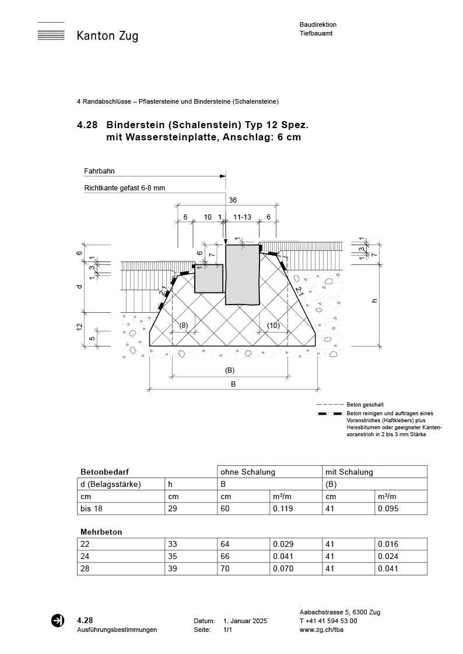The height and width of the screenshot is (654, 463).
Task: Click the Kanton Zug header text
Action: pyautogui.click(x=107, y=36)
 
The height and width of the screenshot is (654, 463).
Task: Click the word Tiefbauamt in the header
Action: pyautogui.click(x=315, y=34)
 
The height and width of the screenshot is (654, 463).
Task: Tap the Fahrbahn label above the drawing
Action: pyautogui.click(x=99, y=171)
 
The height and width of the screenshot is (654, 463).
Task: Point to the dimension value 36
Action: pyautogui.click(x=233, y=200)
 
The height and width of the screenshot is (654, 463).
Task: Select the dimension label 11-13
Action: pyautogui.click(x=242, y=217)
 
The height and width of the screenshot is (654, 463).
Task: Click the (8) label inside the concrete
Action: pyautogui.click(x=183, y=325)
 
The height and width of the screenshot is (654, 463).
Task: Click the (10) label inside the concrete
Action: pyautogui.click(x=273, y=325)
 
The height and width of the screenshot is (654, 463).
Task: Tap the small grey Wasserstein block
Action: pyautogui.click(x=209, y=278)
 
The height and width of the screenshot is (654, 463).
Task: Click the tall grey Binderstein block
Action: pyautogui.click(x=242, y=274)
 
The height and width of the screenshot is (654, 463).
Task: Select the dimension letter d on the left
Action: pyautogui.click(x=79, y=287)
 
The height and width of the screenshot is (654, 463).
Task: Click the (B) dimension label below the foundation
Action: pyautogui.click(x=230, y=370)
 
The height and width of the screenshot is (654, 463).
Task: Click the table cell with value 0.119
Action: pyautogui.click(x=283, y=509)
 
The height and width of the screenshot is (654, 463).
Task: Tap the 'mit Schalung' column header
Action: pyautogui.click(x=349, y=472)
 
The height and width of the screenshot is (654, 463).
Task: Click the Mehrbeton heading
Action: pyautogui.click(x=101, y=532)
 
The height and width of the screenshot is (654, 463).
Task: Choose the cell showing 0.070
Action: pyautogui.click(x=283, y=568)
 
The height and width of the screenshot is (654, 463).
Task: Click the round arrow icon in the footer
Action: pyautogui.click(x=58, y=621)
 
